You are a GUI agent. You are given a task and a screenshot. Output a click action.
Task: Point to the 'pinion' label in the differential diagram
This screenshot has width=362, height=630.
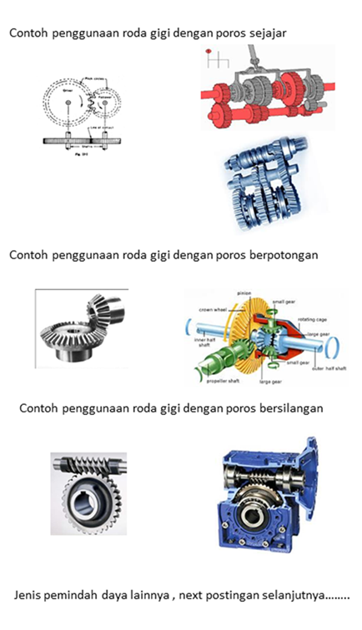click(244, 293)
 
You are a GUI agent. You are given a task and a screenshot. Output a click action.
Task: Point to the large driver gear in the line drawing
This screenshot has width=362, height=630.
click(67, 102)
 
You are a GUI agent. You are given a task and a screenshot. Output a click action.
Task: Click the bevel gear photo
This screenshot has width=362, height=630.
click(81, 327)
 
